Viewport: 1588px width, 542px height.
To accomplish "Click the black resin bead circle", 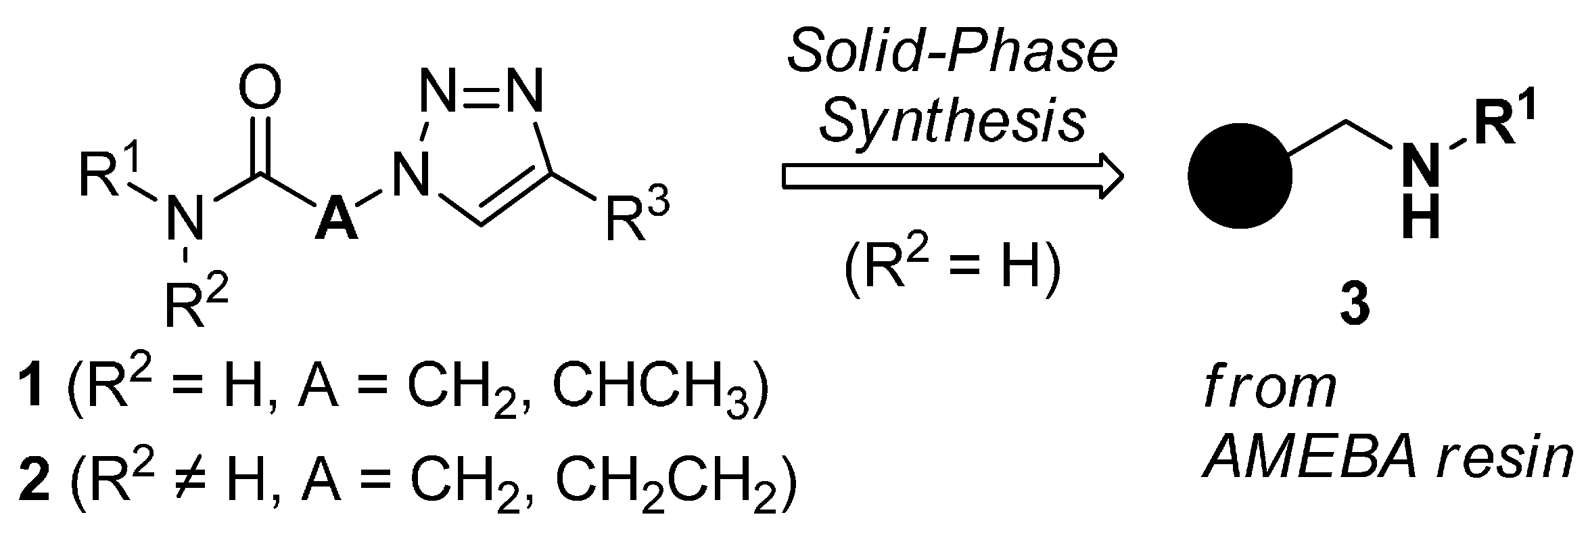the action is (x=1240, y=175).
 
